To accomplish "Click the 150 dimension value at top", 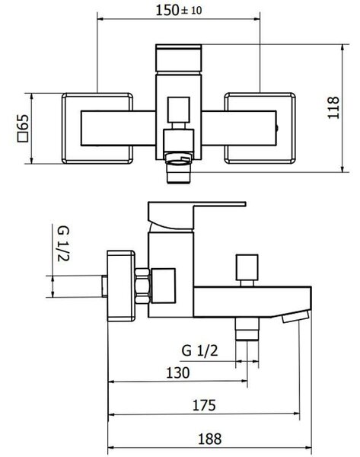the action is [167, 10].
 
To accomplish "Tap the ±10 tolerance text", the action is [191, 11].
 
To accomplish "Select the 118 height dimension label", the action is [333, 108].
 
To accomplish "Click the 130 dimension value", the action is [177, 372].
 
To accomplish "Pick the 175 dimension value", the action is [204, 405].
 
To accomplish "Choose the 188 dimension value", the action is [210, 439].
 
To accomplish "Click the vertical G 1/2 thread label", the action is [63, 244].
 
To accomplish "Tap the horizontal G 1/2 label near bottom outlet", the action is [199, 350].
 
